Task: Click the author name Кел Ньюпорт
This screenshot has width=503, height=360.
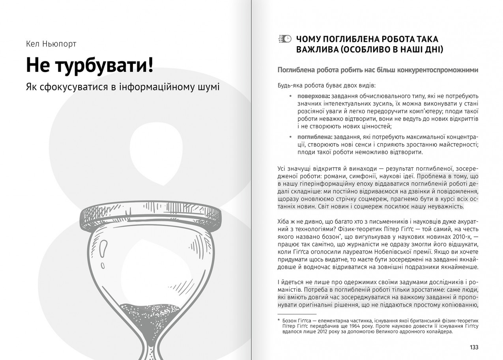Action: pos(51,44)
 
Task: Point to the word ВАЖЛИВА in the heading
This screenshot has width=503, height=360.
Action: pos(317,50)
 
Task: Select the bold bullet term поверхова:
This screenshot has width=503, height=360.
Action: pos(314,96)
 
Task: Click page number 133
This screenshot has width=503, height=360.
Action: pos(474,347)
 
